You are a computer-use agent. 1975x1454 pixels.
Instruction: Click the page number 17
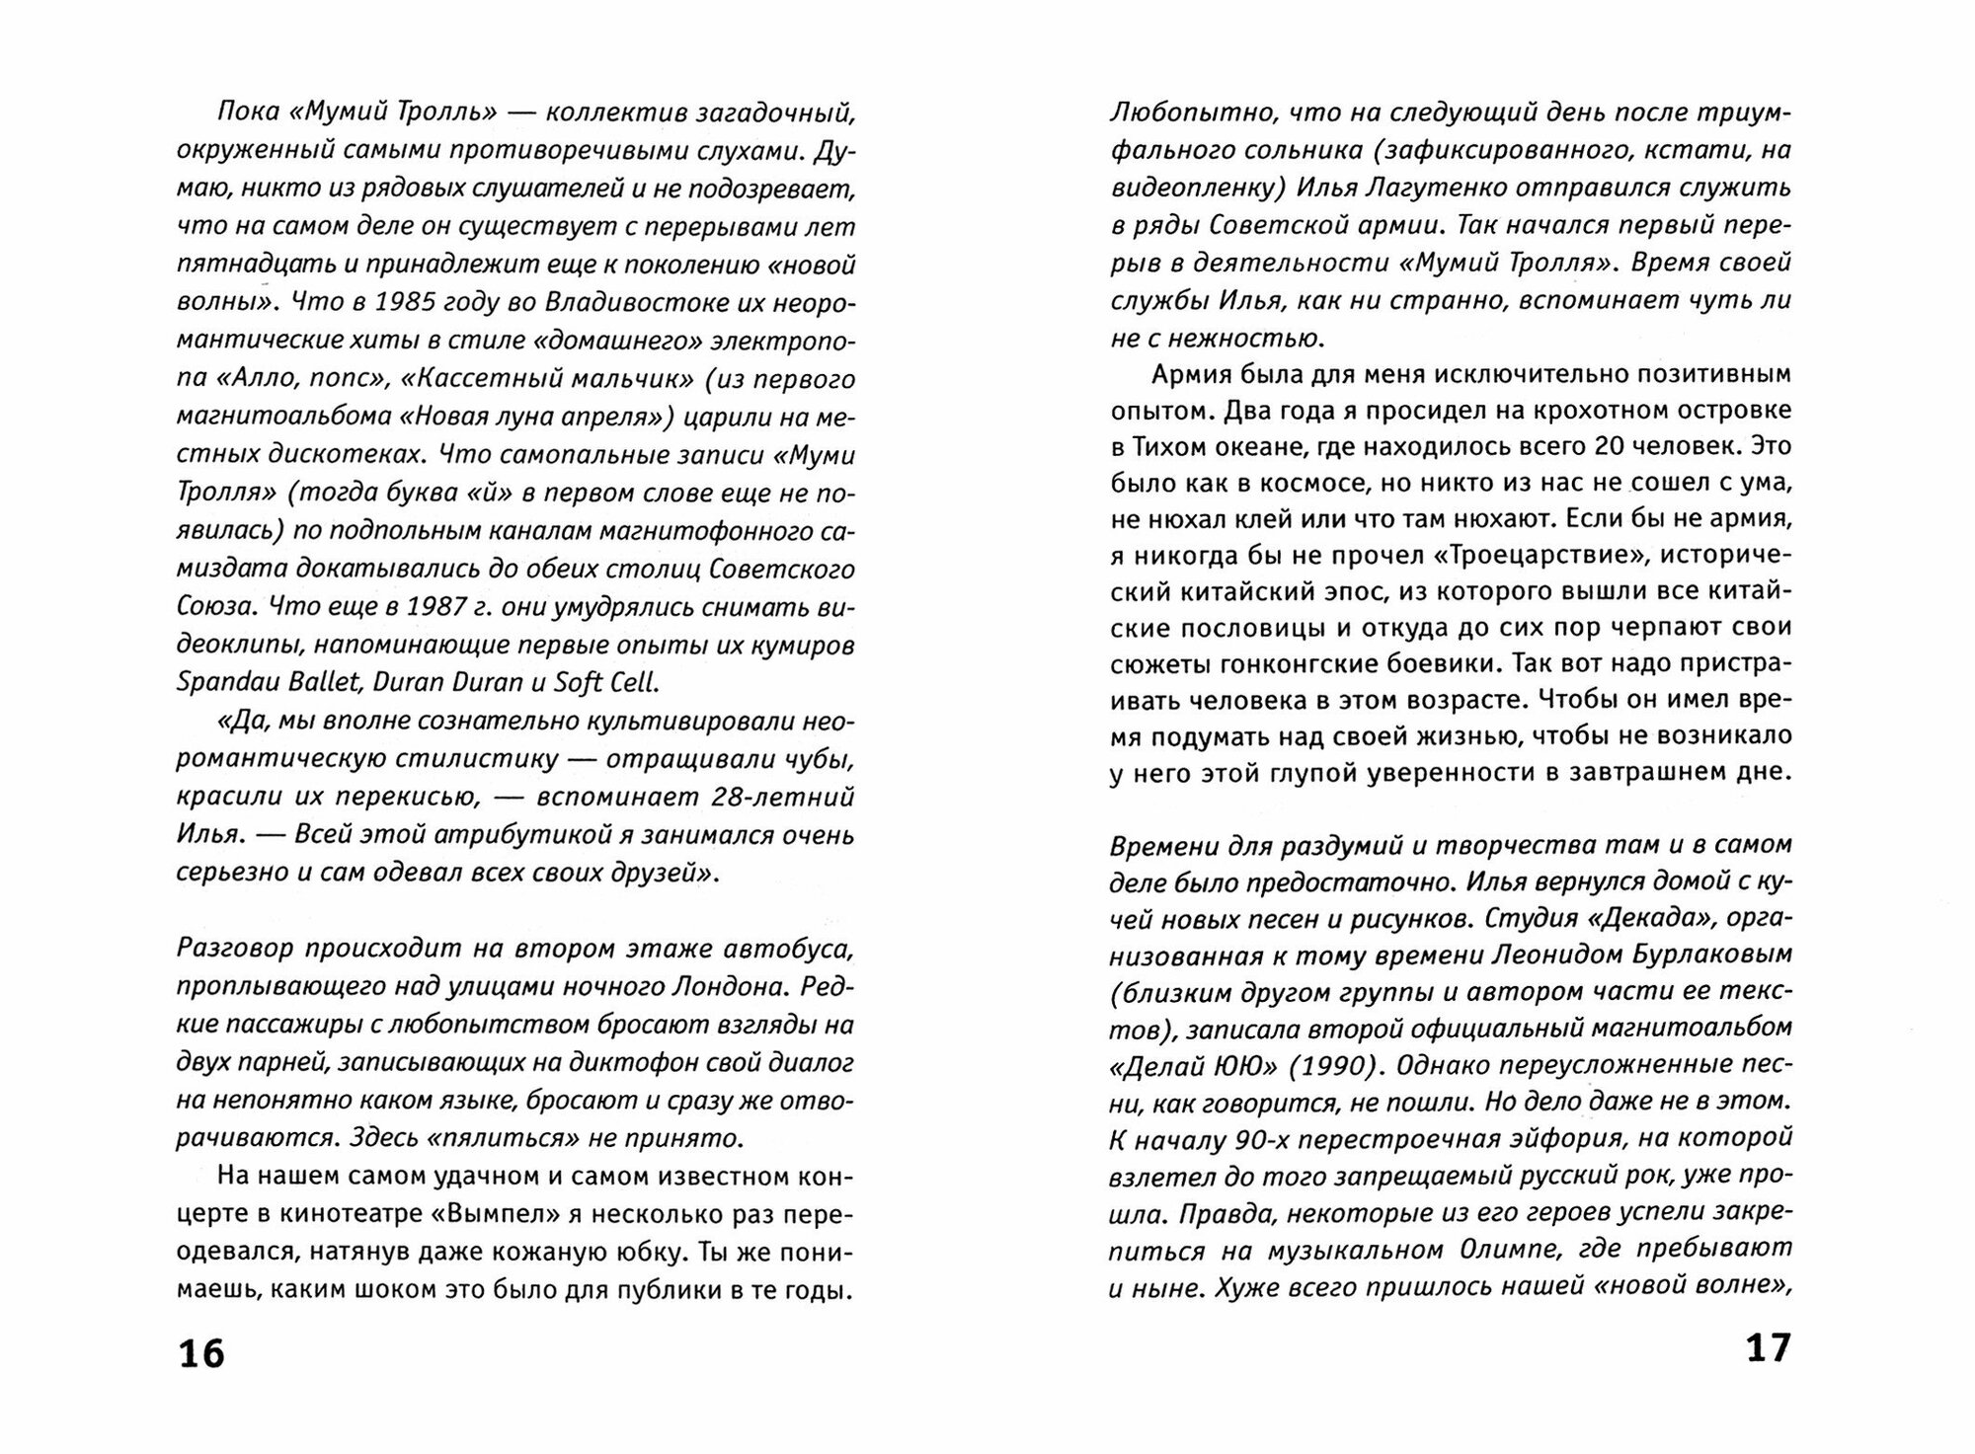(x=1768, y=1348)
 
